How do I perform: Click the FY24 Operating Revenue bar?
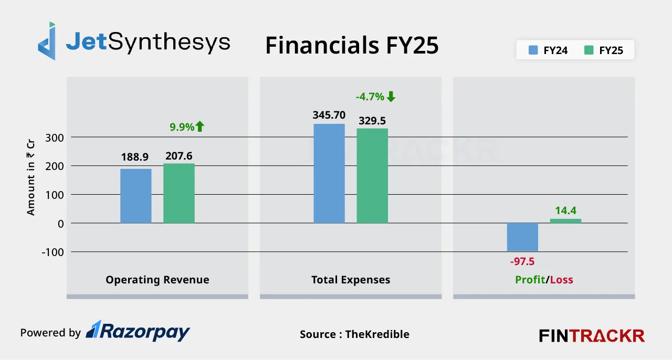tap(136, 196)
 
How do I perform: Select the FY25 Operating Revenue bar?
tap(179, 193)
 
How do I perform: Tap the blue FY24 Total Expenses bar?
tap(329, 173)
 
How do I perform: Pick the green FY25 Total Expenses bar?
tap(372, 176)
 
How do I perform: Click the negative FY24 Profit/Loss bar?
tap(522, 237)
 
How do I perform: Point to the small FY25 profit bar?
tap(565, 221)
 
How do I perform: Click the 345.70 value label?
tap(329, 114)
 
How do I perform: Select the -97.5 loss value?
tap(522, 261)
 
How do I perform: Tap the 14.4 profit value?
tap(565, 210)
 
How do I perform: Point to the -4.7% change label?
tap(375, 97)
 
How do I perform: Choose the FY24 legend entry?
tap(548, 51)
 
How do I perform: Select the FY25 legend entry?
tap(604, 51)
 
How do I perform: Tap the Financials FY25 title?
tap(352, 46)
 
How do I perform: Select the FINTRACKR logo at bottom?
tap(592, 335)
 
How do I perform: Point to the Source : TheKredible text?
tap(354, 334)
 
